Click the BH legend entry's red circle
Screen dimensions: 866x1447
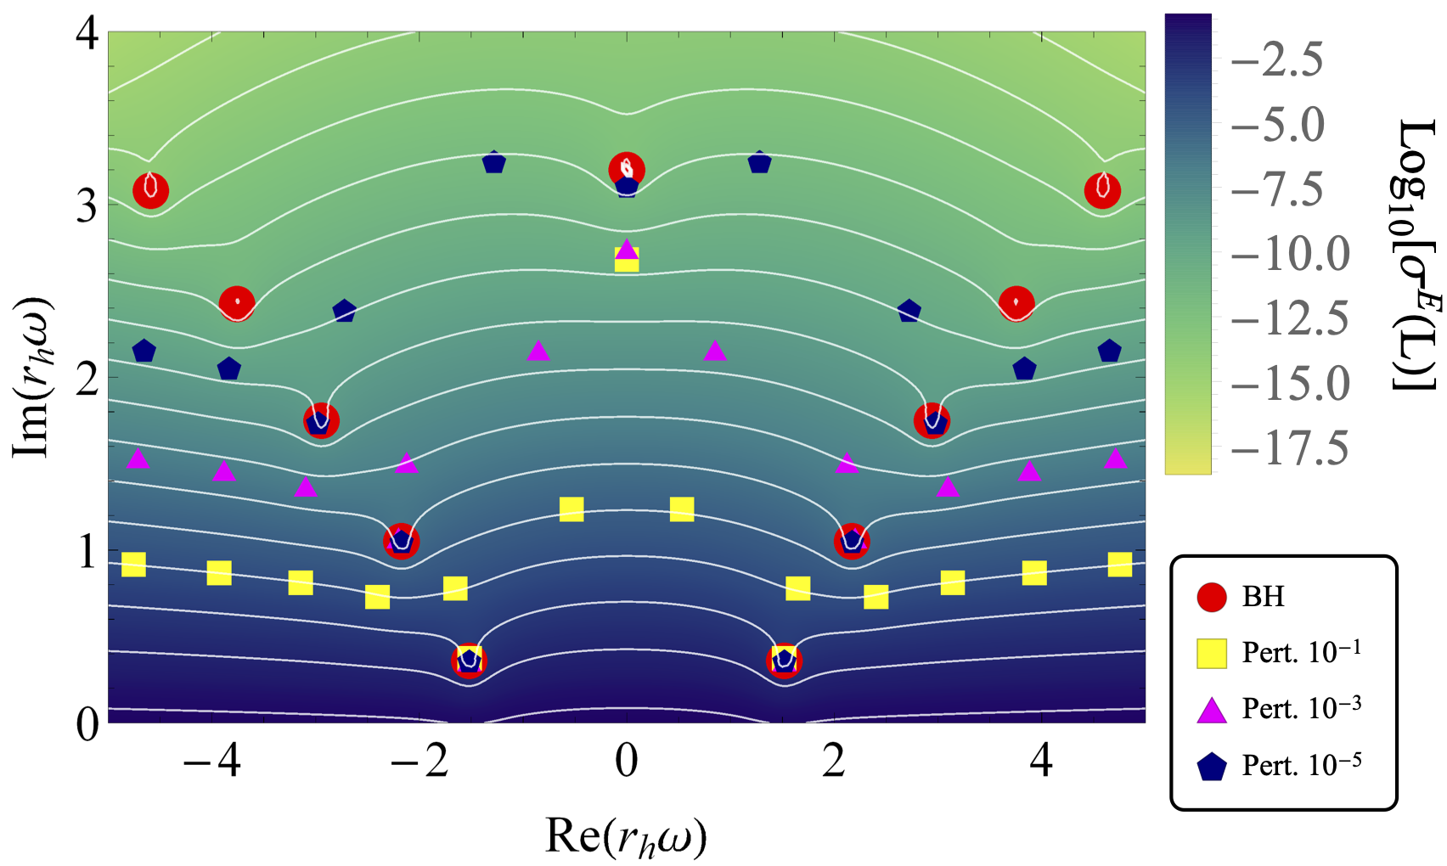click(1212, 597)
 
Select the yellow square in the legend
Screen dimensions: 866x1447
click(1212, 653)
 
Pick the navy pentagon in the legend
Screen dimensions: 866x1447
click(1212, 767)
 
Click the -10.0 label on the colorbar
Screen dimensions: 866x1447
click(1290, 254)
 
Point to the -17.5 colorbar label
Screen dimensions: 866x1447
click(1290, 448)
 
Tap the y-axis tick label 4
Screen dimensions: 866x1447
click(87, 36)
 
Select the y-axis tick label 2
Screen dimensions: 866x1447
click(87, 380)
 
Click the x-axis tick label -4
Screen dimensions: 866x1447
click(211, 762)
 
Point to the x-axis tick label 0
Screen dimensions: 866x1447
click(627, 762)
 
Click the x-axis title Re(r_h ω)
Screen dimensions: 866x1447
click(627, 836)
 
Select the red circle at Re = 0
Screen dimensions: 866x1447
click(627, 168)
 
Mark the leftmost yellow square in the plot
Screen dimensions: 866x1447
click(133, 564)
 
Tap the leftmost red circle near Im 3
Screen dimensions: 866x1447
click(151, 190)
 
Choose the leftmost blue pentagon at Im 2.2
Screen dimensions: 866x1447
click(144, 351)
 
